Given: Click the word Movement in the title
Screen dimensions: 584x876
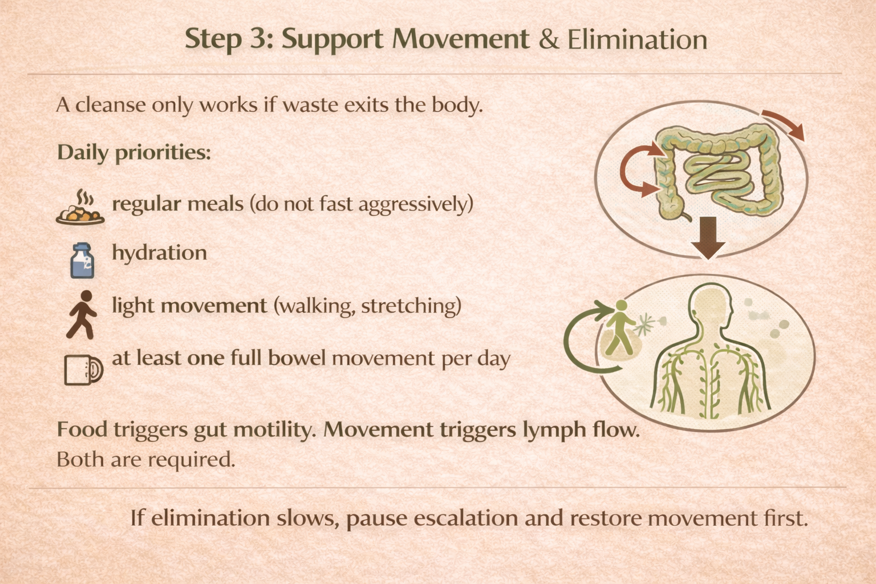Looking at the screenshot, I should coord(461,39).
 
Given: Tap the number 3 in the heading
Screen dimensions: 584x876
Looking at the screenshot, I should coord(258,39).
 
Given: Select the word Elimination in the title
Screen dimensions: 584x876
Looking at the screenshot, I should coord(637,39).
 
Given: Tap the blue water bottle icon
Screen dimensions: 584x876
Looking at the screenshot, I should coord(82,261).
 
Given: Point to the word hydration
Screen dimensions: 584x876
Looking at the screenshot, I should coord(159,253).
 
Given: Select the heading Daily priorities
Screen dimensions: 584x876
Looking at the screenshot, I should coord(134,152).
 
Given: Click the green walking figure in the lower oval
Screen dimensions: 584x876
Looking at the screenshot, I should coord(619,328).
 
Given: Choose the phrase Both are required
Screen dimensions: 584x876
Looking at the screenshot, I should coord(145,459).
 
